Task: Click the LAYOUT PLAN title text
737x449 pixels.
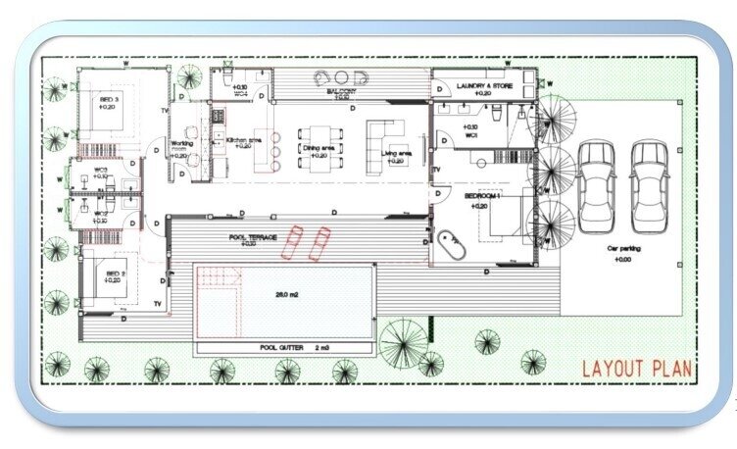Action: pyautogui.click(x=637, y=370)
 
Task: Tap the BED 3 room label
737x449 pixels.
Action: pyautogui.click(x=109, y=99)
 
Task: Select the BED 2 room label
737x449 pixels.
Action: pyautogui.click(x=115, y=274)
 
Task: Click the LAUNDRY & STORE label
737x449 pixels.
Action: pyautogui.click(x=484, y=86)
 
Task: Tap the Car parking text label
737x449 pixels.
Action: pyautogui.click(x=623, y=249)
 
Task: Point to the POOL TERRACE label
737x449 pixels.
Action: pyautogui.click(x=254, y=237)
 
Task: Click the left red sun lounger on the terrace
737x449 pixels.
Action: pyautogui.click(x=295, y=243)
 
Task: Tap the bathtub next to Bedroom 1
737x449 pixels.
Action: pyautogui.click(x=452, y=243)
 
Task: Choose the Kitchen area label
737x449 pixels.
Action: pyautogui.click(x=243, y=141)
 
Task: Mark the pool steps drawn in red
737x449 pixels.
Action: pyautogui.click(x=220, y=290)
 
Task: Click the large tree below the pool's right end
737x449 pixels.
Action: pyautogui.click(x=403, y=343)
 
